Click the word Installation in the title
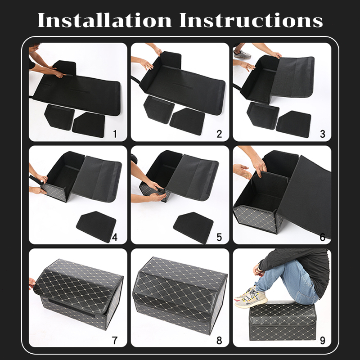click(105, 20)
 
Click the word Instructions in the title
click(251, 20)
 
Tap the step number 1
click(115, 134)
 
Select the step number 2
click(219, 134)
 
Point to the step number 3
click(323, 134)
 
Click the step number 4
click(115, 237)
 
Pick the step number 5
click(219, 237)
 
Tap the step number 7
click(115, 340)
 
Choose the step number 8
click(219, 340)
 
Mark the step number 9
click(323, 340)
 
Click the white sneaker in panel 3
click(242, 54)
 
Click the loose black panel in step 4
click(96, 226)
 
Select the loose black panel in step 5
click(193, 227)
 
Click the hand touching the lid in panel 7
click(31, 283)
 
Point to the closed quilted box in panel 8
click(180, 295)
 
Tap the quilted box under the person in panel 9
click(283, 321)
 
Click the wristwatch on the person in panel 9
click(259, 267)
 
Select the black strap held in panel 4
click(36, 181)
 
